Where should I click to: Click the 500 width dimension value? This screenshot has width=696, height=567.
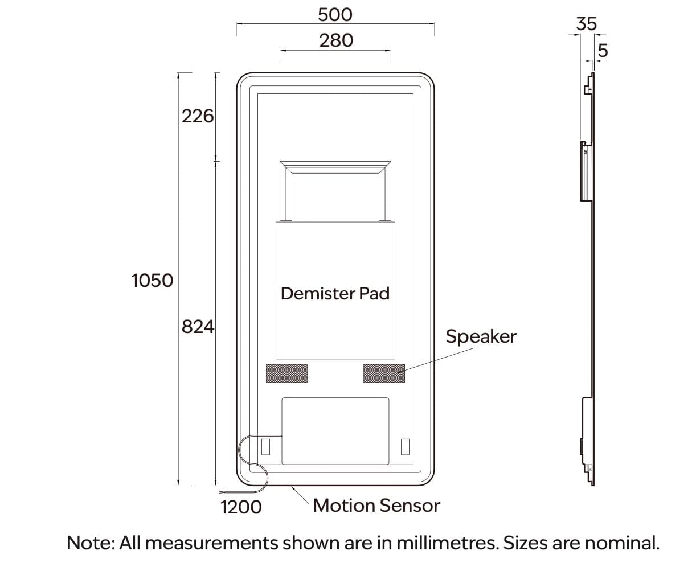335,14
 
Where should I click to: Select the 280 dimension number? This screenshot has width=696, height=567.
335,40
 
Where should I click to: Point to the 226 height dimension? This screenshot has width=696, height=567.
197,117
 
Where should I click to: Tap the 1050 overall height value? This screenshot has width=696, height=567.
152,281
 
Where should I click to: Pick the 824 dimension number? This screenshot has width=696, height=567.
197,327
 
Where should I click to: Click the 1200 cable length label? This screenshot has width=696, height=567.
241,506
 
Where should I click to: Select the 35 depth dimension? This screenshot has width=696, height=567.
586,24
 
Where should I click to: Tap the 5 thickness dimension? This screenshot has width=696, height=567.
603,51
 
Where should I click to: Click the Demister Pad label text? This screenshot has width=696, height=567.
335,294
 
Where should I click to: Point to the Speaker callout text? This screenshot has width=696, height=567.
481,336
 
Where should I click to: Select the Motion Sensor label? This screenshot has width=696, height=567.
376,506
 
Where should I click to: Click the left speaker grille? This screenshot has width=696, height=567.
286,373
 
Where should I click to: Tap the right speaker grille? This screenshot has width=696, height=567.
384,373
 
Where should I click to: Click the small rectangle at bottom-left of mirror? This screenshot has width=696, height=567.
265,447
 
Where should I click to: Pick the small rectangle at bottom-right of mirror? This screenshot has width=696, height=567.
405,447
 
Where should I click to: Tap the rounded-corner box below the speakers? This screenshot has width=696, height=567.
335,430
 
